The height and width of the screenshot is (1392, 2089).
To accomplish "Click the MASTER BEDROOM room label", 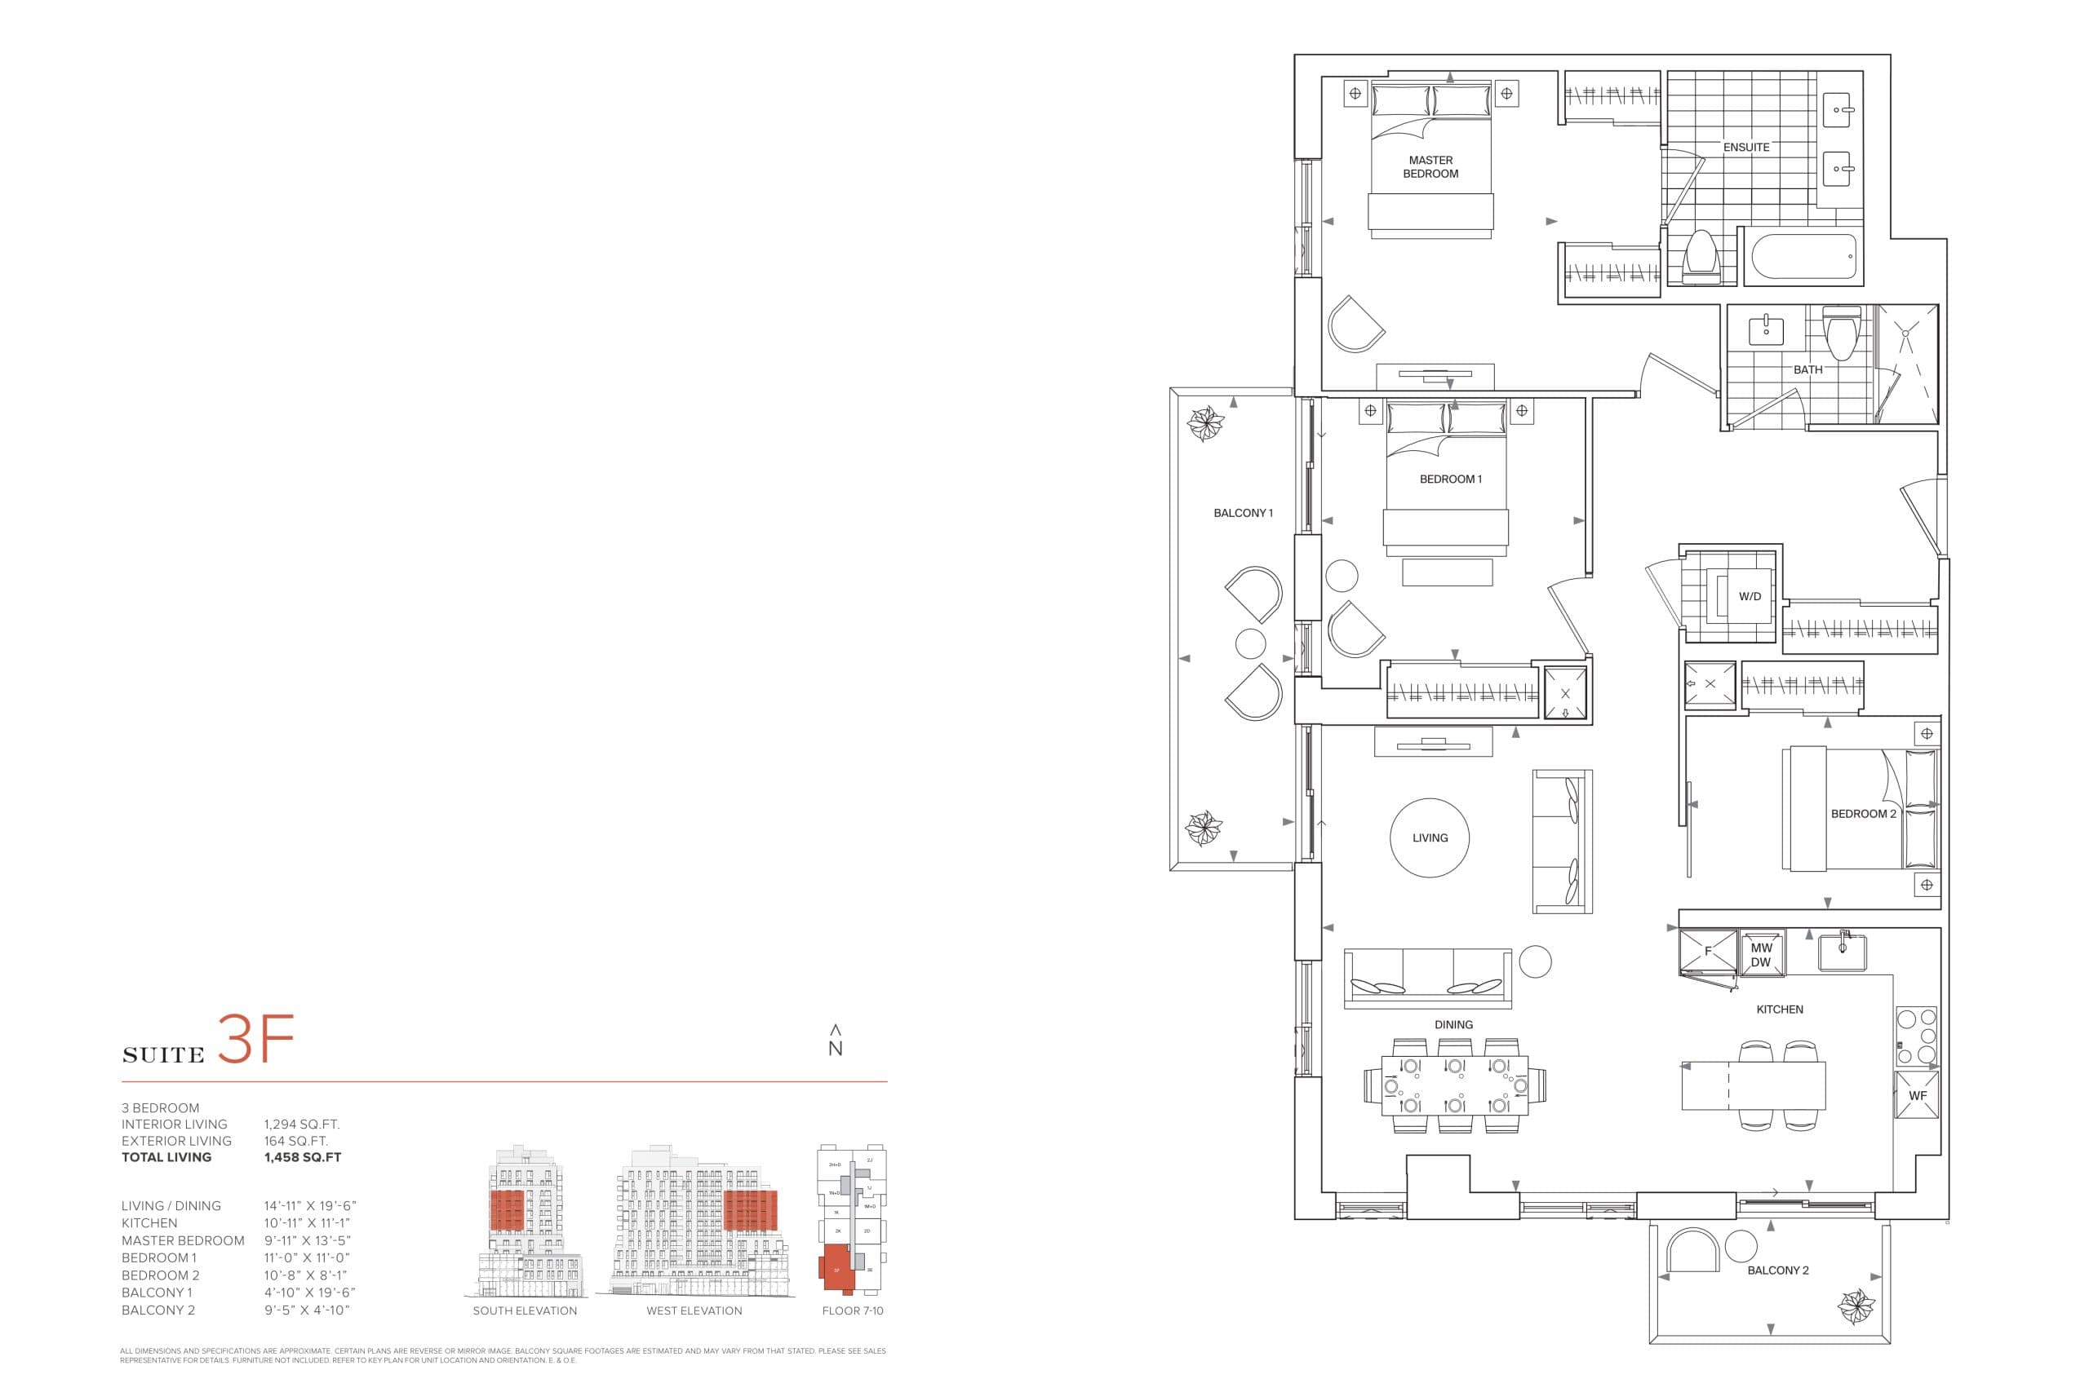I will pos(1430,167).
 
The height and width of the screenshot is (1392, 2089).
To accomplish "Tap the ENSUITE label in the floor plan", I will pos(1745,148).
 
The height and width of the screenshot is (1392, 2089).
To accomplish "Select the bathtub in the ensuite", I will pos(1803,257).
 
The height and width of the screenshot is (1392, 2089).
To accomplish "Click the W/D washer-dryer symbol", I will pos(1749,597).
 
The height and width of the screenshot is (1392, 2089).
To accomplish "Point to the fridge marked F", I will pos(1707,952).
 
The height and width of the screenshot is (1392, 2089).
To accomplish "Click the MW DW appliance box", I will pos(1760,955).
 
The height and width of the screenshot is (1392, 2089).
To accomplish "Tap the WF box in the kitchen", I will pos(1918,1095).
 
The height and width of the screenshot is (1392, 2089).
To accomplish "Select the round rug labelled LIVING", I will pos(1429,837).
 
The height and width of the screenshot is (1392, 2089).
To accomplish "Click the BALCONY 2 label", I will pos(1777,1270).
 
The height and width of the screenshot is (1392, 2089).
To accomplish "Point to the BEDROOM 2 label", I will pos(1862,814).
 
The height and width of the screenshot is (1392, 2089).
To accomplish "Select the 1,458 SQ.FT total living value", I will pos(302,1158).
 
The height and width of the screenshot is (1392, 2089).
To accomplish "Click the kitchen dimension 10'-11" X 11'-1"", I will pos(308,1223).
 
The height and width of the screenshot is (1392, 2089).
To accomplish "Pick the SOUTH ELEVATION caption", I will pos(524,1311).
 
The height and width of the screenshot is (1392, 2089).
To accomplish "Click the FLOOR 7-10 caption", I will pos(852,1311).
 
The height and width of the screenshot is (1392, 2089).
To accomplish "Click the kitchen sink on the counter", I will pos(1841,952).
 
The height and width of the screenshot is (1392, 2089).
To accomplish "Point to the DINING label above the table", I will pos(1453,1024).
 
